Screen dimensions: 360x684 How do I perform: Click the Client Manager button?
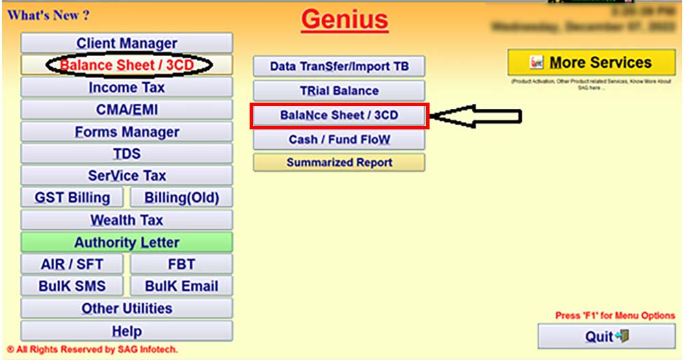pyautogui.click(x=127, y=43)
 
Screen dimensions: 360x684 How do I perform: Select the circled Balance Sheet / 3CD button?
pyautogui.click(x=127, y=65)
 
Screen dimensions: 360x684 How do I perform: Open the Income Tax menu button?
pyautogui.click(x=127, y=88)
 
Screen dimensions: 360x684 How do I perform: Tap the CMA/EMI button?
pyautogui.click(x=127, y=110)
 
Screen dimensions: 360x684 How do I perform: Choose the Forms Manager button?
pyautogui.click(x=127, y=131)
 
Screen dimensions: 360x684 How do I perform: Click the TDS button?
pyautogui.click(x=127, y=153)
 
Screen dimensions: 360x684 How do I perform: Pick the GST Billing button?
pyautogui.click(x=73, y=198)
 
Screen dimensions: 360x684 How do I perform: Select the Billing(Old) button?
pyautogui.click(x=181, y=198)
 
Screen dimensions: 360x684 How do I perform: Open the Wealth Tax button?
pyautogui.click(x=127, y=220)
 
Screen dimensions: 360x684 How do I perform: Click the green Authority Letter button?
pyautogui.click(x=127, y=242)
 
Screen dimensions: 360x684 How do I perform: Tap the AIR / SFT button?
pyautogui.click(x=72, y=264)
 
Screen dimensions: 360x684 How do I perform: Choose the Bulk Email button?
pyautogui.click(x=181, y=286)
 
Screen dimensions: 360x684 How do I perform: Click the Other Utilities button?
pyautogui.click(x=127, y=308)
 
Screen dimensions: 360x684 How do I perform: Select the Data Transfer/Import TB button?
pyautogui.click(x=339, y=66)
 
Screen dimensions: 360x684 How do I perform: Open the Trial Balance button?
pyautogui.click(x=339, y=90)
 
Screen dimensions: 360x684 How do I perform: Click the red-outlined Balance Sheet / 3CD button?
pyautogui.click(x=339, y=116)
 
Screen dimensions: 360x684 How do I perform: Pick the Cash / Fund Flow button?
pyautogui.click(x=339, y=140)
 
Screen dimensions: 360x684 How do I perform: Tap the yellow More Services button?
pyautogui.click(x=591, y=63)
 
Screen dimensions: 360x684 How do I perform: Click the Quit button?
pyautogui.click(x=606, y=336)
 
